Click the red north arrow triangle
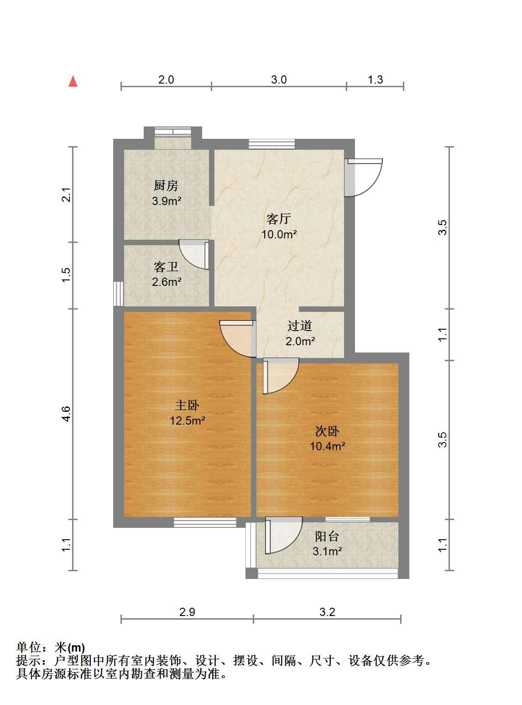[x=73, y=81]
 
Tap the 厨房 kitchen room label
[x=166, y=185]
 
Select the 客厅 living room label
[x=279, y=219]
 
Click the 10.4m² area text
[x=328, y=446]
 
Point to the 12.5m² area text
[x=188, y=421]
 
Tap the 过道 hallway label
[x=300, y=326]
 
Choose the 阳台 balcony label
[x=327, y=537]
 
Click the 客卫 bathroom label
[x=166, y=267]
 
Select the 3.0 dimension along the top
[x=279, y=79]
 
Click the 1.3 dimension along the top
[x=375, y=79]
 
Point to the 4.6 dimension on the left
[x=66, y=414]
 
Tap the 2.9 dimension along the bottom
[x=187, y=612]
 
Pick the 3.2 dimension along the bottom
[x=327, y=612]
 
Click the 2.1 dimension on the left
[x=66, y=195]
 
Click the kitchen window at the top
[x=173, y=132]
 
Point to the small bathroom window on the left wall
[x=119, y=294]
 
